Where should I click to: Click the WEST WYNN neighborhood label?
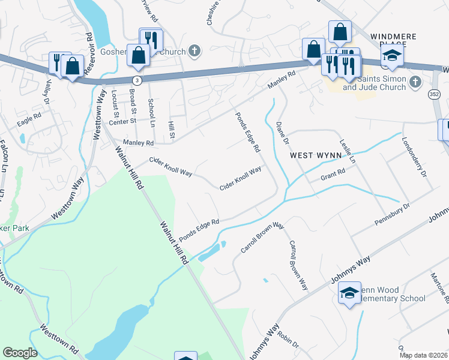(x=316, y=155)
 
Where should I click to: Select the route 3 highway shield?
(x=138, y=80)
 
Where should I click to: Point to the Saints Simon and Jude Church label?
(x=382, y=83)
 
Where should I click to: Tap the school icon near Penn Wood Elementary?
(x=349, y=293)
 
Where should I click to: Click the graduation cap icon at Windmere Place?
(x=392, y=56)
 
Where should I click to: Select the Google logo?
(x=20, y=353)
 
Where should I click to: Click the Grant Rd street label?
(x=333, y=174)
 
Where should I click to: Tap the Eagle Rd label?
(x=29, y=119)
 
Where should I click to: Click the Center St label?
(x=119, y=122)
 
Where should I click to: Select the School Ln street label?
(x=152, y=109)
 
